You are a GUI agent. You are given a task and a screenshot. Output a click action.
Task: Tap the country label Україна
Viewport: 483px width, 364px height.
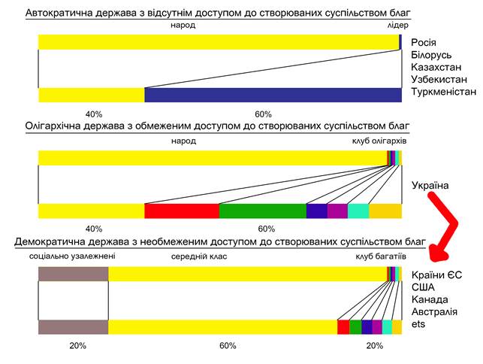(430, 185)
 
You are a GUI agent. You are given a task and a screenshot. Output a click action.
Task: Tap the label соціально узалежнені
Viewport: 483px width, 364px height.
(72, 256)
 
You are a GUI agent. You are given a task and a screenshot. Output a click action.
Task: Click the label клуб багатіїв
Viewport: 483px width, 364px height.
(381, 256)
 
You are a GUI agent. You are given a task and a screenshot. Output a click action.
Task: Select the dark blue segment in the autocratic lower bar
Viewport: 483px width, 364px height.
(273, 95)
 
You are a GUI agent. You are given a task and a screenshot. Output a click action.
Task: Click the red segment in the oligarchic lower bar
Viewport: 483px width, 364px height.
(181, 211)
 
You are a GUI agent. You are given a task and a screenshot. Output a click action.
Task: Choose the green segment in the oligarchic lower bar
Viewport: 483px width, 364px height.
(262, 211)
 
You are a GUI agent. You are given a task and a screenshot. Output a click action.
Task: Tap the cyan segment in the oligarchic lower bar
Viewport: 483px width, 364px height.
(358, 211)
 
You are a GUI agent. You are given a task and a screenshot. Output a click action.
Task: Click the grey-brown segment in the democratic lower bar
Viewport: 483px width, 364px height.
(73, 326)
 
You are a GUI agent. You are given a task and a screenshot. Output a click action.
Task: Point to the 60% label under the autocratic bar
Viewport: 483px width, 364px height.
(263, 114)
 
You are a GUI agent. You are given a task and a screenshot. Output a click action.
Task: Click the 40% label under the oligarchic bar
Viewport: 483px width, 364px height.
(94, 228)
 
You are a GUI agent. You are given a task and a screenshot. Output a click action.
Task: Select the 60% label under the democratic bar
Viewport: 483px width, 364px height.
(228, 345)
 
